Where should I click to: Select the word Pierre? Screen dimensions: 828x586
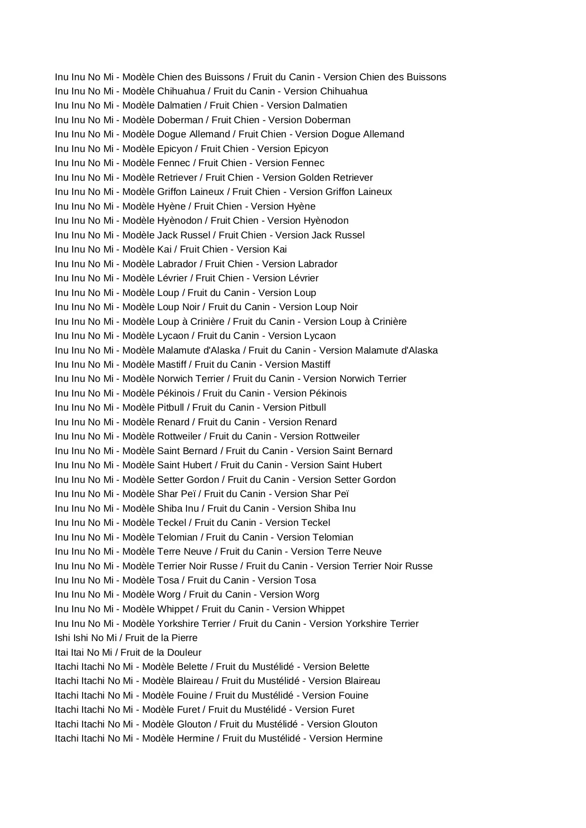(x=183, y=638)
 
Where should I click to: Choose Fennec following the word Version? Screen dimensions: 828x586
(x=309, y=163)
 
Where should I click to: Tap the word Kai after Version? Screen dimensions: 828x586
(x=280, y=249)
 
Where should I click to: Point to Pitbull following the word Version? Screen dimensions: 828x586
(x=310, y=407)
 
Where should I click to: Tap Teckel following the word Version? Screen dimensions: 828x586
(x=314, y=523)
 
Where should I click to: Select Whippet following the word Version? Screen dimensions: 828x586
(x=326, y=609)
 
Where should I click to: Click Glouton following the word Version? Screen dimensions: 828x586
(x=360, y=724)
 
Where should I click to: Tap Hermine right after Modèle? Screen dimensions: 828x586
(x=195, y=738)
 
